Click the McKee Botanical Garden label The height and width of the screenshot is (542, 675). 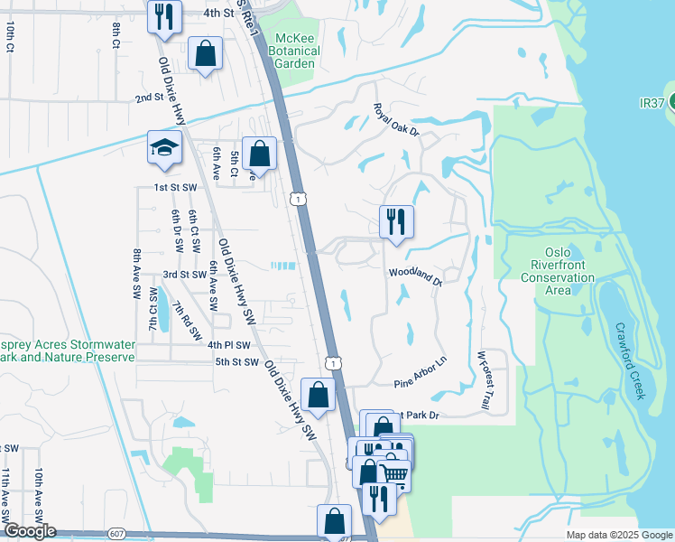[x=297, y=51]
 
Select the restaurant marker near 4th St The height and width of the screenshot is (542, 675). [x=163, y=17]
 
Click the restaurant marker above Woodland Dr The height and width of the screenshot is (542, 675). [x=395, y=221]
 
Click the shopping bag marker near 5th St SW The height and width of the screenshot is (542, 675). [x=318, y=394]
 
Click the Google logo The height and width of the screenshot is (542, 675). [x=29, y=531]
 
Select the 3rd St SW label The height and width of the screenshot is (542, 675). [x=184, y=275]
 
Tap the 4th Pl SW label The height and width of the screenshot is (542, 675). [x=227, y=345]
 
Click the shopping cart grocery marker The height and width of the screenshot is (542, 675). [x=393, y=472]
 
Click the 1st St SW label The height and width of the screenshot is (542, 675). [x=176, y=187]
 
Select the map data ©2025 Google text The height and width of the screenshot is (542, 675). [x=619, y=535]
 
